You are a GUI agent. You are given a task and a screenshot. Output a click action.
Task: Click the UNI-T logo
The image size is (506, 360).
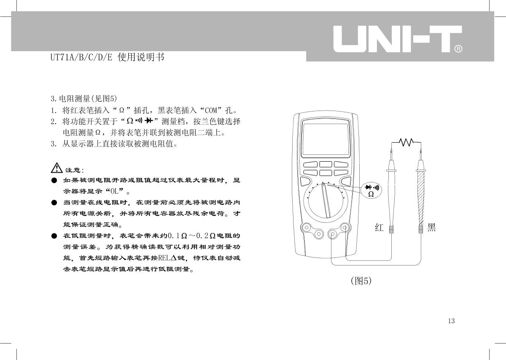[x=398, y=39]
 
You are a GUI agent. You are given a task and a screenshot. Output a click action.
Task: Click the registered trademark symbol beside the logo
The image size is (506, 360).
[x=458, y=49]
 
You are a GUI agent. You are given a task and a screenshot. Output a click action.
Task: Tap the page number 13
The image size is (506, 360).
[x=451, y=321]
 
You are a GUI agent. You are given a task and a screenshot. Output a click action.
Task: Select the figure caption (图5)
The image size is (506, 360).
[x=361, y=281]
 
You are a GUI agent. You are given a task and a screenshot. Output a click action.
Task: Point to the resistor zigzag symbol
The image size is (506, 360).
[x=406, y=142]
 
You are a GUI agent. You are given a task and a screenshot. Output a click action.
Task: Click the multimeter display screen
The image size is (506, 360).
[x=326, y=139]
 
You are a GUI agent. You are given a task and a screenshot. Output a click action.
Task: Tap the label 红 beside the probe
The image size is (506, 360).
[x=379, y=227]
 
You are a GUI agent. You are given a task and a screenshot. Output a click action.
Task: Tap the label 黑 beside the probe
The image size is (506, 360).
[x=431, y=227]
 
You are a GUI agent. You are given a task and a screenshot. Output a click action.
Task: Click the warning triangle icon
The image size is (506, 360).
[x=57, y=168]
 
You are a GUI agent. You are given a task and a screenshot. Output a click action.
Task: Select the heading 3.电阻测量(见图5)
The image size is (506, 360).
[x=84, y=99]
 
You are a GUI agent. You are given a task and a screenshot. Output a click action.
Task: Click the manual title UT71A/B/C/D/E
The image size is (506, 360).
[x=81, y=57]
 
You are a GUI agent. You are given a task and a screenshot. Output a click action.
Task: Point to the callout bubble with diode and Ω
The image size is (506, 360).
[x=371, y=190]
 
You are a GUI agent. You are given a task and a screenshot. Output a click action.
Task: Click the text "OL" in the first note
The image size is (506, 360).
[x=115, y=191]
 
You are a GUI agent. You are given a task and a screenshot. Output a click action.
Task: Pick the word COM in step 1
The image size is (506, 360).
[x=211, y=111]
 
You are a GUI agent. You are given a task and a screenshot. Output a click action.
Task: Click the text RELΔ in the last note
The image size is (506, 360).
[x=167, y=258]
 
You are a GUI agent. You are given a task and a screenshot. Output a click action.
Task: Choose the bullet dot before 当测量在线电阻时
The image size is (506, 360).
[x=54, y=203]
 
